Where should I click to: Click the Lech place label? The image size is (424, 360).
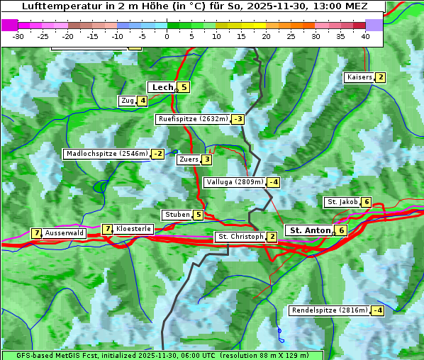point(162,87)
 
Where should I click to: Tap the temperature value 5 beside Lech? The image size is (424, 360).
point(184,87)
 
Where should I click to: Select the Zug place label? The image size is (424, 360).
point(127,101)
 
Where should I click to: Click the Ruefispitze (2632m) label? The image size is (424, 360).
point(193,119)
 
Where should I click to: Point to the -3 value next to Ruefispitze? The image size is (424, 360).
point(238,119)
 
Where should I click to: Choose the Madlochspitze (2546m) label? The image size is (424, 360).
point(106,154)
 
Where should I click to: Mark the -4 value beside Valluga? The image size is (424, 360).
point(273,182)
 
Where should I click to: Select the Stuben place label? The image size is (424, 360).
point(177,215)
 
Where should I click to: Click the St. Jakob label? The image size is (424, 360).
point(342,202)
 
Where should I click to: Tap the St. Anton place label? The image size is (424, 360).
point(310,230)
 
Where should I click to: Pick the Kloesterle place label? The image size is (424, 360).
point(133,229)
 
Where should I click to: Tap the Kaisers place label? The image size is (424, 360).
point(359,77)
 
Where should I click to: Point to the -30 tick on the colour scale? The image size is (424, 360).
point(18,36)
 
